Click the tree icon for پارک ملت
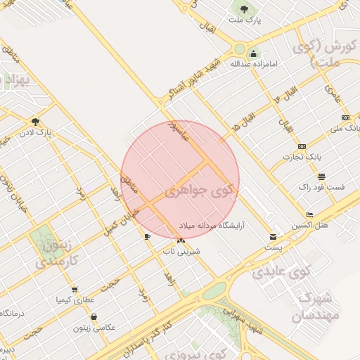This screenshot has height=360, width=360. (x=244, y=9)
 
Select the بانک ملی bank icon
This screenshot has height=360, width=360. (x=345, y=117)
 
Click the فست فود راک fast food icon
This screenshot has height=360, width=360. (x=321, y=176)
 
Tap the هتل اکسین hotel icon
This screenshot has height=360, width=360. (x=310, y=214)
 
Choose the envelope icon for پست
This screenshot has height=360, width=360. (x=273, y=237)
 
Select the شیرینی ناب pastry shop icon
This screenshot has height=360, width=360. (x=182, y=240)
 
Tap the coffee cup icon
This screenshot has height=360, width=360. (x=147, y=236)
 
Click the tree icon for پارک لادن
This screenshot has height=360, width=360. (x=35, y=122)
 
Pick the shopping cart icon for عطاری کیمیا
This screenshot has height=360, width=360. (x=75, y=290)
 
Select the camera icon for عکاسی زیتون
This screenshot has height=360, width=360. (x=94, y=317)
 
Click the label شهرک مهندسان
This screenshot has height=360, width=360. (x=314, y=307)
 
